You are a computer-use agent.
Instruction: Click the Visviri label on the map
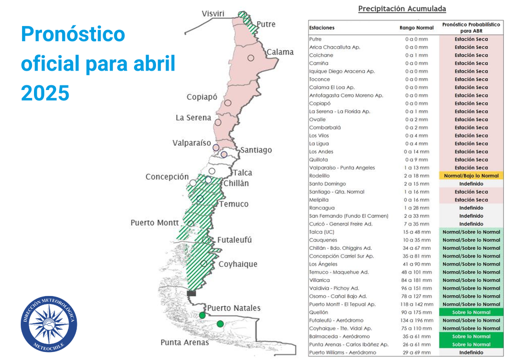pyautogui.click(x=213, y=13)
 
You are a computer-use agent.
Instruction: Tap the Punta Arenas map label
pyautogui.click(x=184, y=342)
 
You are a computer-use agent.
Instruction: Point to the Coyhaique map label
pyautogui.click(x=237, y=264)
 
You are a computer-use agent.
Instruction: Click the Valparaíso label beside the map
pyautogui.click(x=191, y=143)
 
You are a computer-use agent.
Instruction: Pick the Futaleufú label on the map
pyautogui.click(x=234, y=240)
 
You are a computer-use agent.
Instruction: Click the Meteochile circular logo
pyautogui.click(x=48, y=323)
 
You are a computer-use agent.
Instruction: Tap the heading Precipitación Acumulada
pyautogui.click(x=402, y=9)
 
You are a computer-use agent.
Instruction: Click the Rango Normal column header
pyautogui.click(x=416, y=27)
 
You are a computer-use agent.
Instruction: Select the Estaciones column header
pyautogui.click(x=322, y=28)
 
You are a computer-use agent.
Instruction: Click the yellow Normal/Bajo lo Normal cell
pyautogui.click(x=471, y=176)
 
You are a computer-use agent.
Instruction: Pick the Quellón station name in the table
pyautogui.click(x=319, y=312)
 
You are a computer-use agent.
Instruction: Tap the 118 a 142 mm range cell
pyautogui.click(x=416, y=304)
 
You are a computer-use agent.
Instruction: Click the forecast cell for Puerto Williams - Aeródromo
pyautogui.click(x=471, y=352)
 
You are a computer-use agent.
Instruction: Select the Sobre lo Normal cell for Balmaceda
pyautogui.click(x=471, y=336)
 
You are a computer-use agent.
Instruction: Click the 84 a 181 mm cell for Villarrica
pyautogui.click(x=416, y=280)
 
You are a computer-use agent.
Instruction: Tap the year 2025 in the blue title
pyautogui.click(x=45, y=93)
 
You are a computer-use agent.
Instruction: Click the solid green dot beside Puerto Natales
pyautogui.click(x=202, y=315)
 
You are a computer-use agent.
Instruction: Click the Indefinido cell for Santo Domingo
pyautogui.click(x=471, y=184)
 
